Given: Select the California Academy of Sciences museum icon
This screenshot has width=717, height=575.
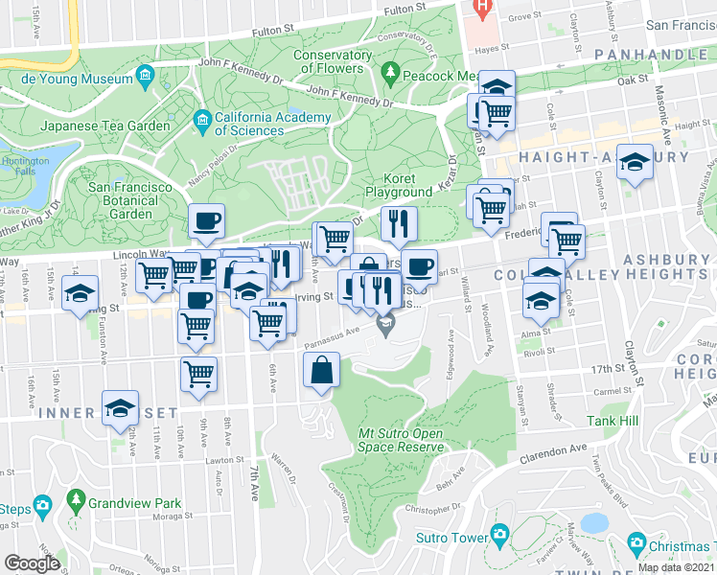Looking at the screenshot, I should [202, 120].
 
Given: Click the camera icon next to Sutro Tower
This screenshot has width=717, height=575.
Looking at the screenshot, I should [498, 535].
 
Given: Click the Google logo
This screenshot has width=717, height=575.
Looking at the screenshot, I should [32, 563].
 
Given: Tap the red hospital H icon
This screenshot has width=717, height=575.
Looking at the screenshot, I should [483, 7].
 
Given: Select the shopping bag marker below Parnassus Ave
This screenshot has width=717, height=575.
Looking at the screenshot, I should [322, 370].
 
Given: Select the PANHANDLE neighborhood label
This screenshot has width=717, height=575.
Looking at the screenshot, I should [650, 55].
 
